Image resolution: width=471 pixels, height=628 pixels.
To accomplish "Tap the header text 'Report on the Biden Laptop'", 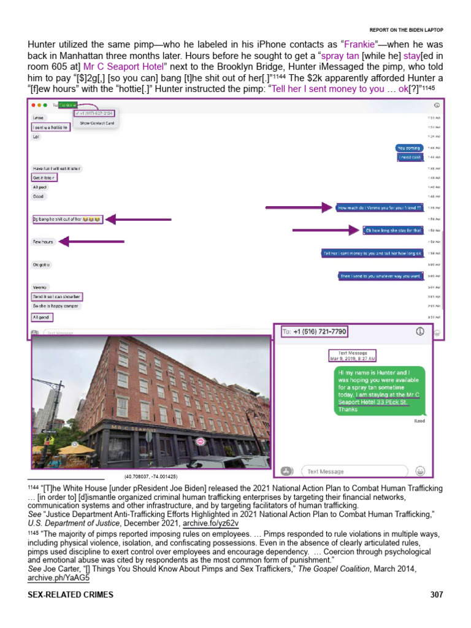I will click(406, 30).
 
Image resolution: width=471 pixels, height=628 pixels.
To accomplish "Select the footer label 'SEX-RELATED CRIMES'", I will click(71, 595).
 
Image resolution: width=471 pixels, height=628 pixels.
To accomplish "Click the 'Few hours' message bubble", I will click(43, 242).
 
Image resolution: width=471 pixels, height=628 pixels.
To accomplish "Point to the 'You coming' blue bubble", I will click(408, 148).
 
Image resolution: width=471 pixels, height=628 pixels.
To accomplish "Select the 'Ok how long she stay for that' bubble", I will click(393, 231).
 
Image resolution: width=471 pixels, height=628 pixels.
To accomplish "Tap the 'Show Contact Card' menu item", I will click(96, 123).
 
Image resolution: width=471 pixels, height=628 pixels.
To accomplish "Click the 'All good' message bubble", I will click(42, 317).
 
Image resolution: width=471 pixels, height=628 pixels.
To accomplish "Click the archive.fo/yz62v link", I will click(210, 524).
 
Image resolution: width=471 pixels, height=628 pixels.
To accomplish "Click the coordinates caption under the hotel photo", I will click(150, 477).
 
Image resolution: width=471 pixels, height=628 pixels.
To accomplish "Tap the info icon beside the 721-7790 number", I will click(420, 331).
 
